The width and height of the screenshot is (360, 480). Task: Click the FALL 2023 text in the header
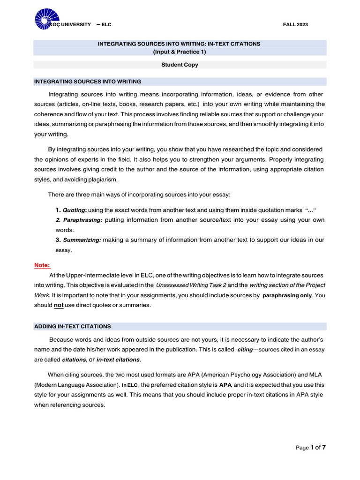pos(296,24)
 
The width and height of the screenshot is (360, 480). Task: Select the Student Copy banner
pos(180,65)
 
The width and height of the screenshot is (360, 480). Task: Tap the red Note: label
pos(42,265)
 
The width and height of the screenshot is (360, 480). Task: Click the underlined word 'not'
pos(59,305)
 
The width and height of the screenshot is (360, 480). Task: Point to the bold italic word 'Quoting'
pos(74,210)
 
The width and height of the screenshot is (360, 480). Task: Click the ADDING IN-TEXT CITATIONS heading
pos(73,326)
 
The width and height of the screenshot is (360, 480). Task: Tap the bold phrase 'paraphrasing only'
pos(286,295)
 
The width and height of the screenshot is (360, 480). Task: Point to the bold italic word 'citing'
pos(245,350)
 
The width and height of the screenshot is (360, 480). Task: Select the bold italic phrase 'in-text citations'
pos(118,360)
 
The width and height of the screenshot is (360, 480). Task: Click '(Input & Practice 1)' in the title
pos(179,52)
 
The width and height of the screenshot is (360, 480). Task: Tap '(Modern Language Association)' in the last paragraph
pos(76,385)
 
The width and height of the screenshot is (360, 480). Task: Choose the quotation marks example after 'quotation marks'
pos(314,210)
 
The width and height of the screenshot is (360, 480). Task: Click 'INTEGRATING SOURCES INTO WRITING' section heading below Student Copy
pos(88,82)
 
